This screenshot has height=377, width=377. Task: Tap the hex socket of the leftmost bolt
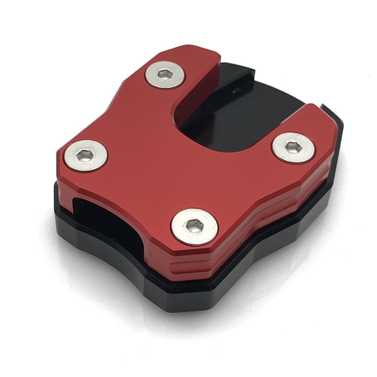[85, 154]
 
